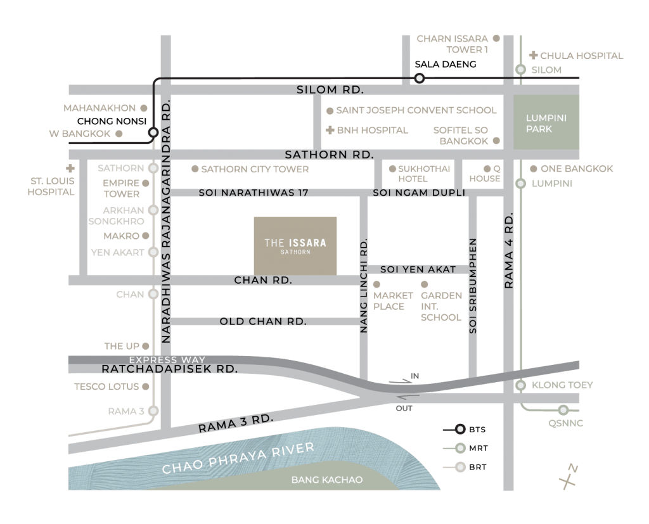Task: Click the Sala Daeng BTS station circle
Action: click(420, 78)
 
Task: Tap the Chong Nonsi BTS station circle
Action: click(153, 132)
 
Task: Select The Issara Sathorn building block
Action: click(295, 246)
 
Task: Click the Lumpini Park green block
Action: click(546, 122)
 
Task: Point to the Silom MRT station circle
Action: click(521, 70)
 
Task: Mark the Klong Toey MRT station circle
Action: click(521, 385)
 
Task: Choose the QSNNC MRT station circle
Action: click(563, 410)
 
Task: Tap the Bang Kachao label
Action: click(327, 480)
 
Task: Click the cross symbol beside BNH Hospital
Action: click(330, 131)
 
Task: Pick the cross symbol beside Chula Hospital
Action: click(534, 55)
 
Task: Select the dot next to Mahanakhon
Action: click(144, 108)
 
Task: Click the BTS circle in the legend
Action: click(460, 430)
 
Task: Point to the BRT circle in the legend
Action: click(460, 468)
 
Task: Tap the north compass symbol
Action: click(569, 476)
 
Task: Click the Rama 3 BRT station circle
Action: click(153, 411)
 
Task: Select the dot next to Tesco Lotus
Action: click(145, 387)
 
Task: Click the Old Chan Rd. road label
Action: click(263, 321)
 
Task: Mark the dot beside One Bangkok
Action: click(534, 169)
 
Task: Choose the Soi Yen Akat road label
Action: click(418, 269)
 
